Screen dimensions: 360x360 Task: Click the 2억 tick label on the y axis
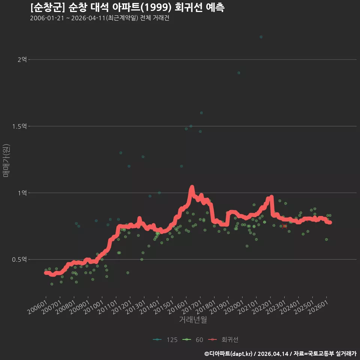pyautogui.click(x=22, y=60)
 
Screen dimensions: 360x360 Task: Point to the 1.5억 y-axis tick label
pyautogui.click(x=19, y=126)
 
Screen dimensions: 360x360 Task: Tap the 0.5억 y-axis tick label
pyautogui.click(x=19, y=259)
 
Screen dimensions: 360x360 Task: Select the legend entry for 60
pyautogui.click(x=193, y=340)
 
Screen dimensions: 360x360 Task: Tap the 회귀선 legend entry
pyautogui.click(x=223, y=340)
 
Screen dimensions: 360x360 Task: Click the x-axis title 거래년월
pyautogui.click(x=193, y=319)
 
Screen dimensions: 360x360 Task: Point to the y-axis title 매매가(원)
pyautogui.click(x=6, y=161)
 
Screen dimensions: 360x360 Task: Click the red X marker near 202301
pyautogui.click(x=285, y=226)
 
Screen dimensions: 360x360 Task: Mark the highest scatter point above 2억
pyautogui.click(x=261, y=37)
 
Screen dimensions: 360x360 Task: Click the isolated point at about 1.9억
pyautogui.click(x=239, y=73)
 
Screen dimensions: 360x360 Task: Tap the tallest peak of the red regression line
pyautogui.click(x=192, y=187)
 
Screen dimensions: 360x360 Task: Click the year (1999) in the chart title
pyautogui.click(x=156, y=7)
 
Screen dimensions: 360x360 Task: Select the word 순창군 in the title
pyautogui.click(x=48, y=7)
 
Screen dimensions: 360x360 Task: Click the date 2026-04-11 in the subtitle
pyautogui.click(x=88, y=18)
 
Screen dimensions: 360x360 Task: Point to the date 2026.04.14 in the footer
pyautogui.click(x=273, y=354)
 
